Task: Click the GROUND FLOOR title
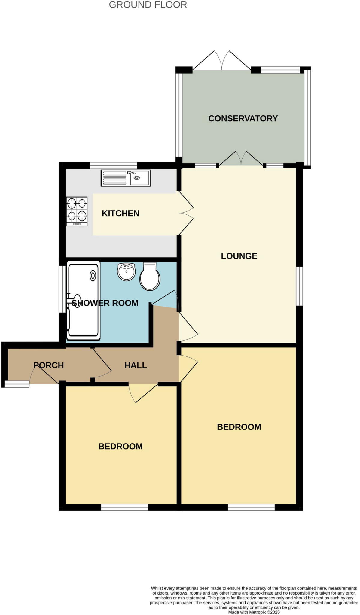[x=148, y=5]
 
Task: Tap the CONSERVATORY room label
[x=243, y=118]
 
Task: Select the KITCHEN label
[x=121, y=213]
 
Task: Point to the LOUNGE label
[x=239, y=256]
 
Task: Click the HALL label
[x=136, y=365]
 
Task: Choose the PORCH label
[x=48, y=365]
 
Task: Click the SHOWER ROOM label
[x=105, y=303]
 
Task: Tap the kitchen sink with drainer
[x=126, y=178]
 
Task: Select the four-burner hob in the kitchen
[x=77, y=210]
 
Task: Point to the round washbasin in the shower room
[x=127, y=272]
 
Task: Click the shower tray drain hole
[x=93, y=275]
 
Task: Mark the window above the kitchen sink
[x=114, y=165]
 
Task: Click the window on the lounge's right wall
[x=300, y=286]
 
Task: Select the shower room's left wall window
[x=62, y=289]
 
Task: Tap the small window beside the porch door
[x=17, y=384]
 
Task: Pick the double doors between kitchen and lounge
[x=186, y=213]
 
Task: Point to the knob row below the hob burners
[x=77, y=224]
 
